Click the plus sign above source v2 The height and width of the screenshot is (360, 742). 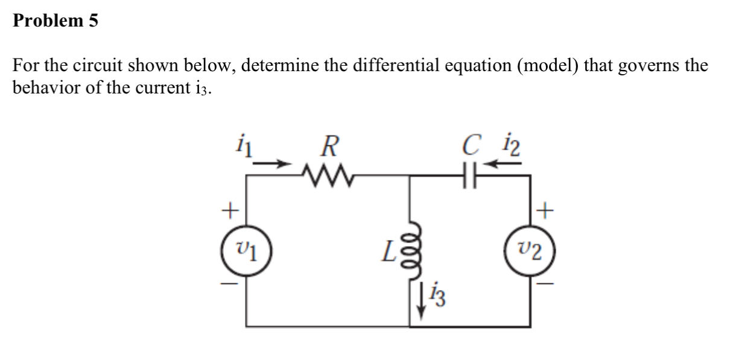(546, 210)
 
